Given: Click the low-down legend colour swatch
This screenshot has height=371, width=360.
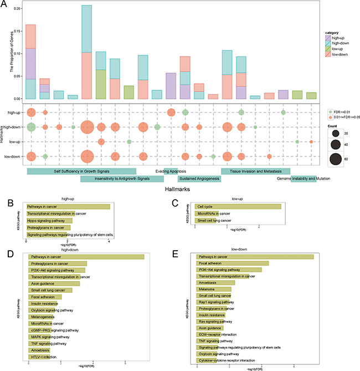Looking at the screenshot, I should (328, 55).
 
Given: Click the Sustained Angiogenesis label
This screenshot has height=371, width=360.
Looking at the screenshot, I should (198, 179).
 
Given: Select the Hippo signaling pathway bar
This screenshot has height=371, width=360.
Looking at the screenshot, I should (49, 220).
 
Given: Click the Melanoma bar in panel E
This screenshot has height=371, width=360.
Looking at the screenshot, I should (214, 289).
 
